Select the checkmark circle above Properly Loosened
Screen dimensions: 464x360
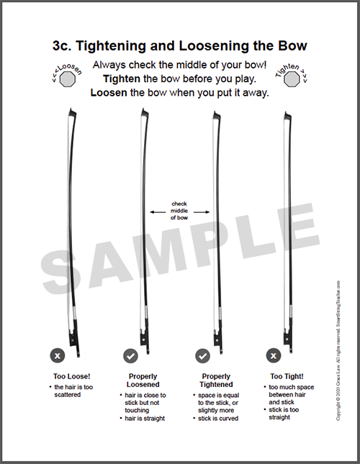tap(130, 355)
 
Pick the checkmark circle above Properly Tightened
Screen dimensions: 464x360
tap(203, 355)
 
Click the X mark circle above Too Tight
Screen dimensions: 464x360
tap(274, 355)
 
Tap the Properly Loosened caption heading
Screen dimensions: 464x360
tap(143, 381)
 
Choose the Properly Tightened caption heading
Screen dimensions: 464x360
tap(215, 381)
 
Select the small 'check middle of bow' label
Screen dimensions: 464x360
tap(179, 211)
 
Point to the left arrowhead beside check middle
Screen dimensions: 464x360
tap(152, 211)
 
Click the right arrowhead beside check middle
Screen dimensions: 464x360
tap(207, 211)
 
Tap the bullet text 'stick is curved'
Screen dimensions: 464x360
tap(218, 418)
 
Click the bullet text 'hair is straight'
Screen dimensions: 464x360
tap(146, 418)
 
